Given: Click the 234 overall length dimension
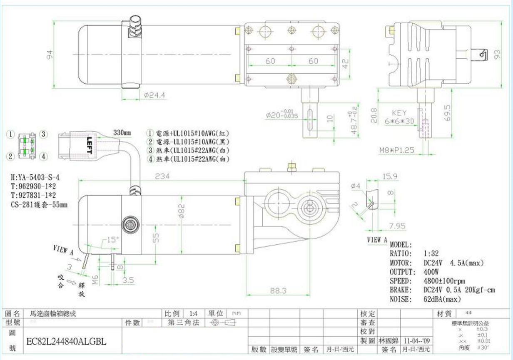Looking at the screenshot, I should click(x=162, y=176).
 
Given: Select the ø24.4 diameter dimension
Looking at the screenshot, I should click(x=155, y=95).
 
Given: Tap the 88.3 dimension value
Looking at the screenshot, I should click(x=278, y=291).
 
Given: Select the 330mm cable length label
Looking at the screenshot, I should click(x=122, y=133).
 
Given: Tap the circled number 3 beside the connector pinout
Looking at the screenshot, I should click(x=44, y=134).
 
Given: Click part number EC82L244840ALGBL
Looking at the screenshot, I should click(x=66, y=342).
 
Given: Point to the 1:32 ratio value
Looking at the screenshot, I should click(x=431, y=253).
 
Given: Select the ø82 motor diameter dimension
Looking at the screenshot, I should click(x=181, y=210).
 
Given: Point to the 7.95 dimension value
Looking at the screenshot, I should click(x=398, y=226).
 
